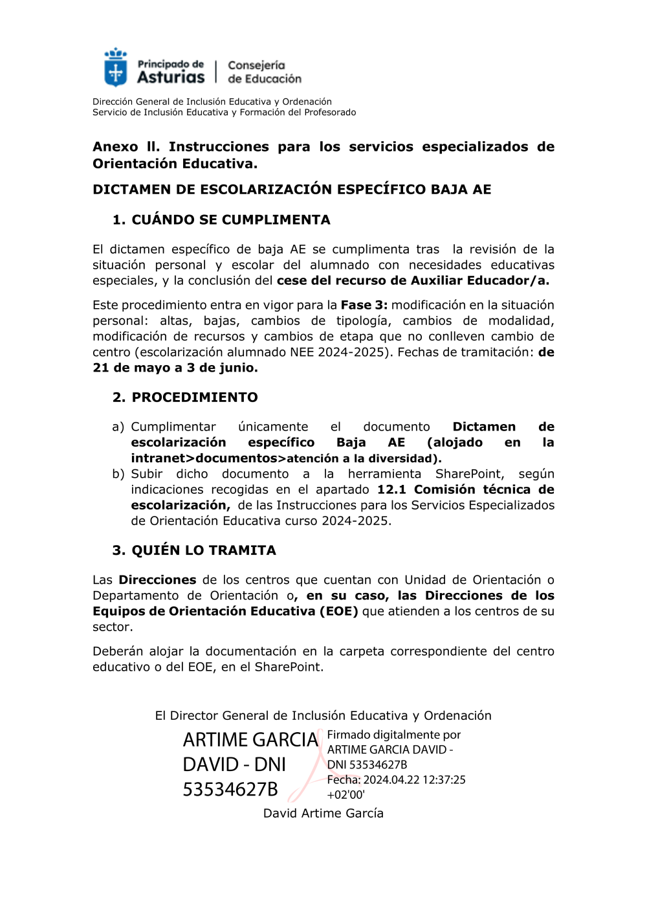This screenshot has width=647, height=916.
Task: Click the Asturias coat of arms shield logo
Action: [116, 68]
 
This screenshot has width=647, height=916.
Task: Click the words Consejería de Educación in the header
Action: [264, 72]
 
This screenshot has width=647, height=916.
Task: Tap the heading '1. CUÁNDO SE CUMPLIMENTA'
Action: [221, 219]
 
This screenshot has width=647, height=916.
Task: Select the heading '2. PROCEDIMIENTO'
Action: [185, 397]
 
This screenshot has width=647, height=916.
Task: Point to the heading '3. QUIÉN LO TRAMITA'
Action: [194, 550]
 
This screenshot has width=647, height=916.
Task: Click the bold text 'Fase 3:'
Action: [364, 305]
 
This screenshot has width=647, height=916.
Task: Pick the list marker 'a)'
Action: [118, 427]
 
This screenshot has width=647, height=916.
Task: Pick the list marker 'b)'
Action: [118, 474]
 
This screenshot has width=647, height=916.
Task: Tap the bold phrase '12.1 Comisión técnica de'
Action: [465, 489]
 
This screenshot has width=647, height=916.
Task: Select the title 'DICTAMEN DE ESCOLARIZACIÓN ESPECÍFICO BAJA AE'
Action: [292, 189]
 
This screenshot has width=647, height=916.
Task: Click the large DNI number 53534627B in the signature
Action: [230, 789]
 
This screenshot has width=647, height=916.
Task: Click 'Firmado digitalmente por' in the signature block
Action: [393, 735]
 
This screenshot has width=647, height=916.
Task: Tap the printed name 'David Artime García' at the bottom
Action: [323, 813]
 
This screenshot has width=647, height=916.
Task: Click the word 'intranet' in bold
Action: [158, 458]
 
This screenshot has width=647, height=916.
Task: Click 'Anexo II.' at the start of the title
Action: [126, 147]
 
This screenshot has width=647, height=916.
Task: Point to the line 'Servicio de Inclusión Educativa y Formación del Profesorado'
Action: [224, 112]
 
